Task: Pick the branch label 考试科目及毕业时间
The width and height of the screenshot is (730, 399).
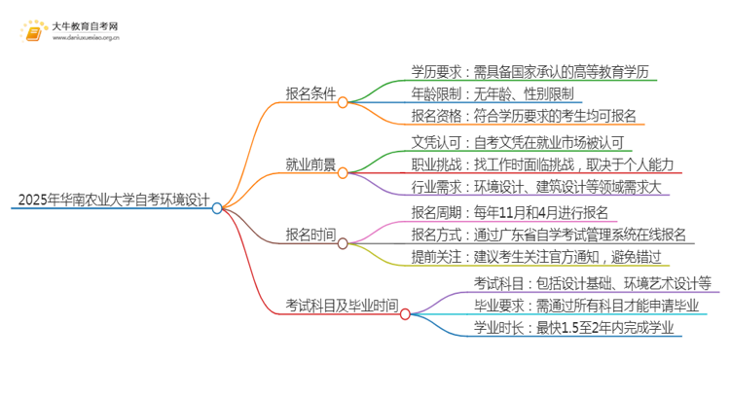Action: (341, 305)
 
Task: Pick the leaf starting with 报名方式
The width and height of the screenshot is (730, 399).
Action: (548, 234)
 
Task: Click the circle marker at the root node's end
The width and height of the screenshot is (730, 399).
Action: (217, 207)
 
